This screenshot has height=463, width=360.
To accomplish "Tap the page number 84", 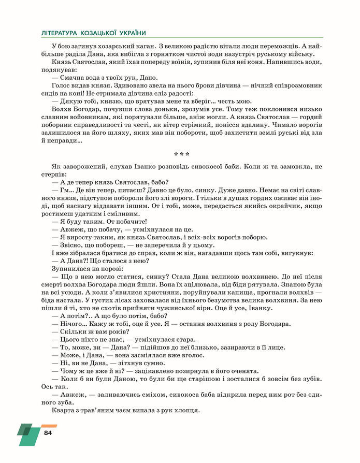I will coord(48,432).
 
